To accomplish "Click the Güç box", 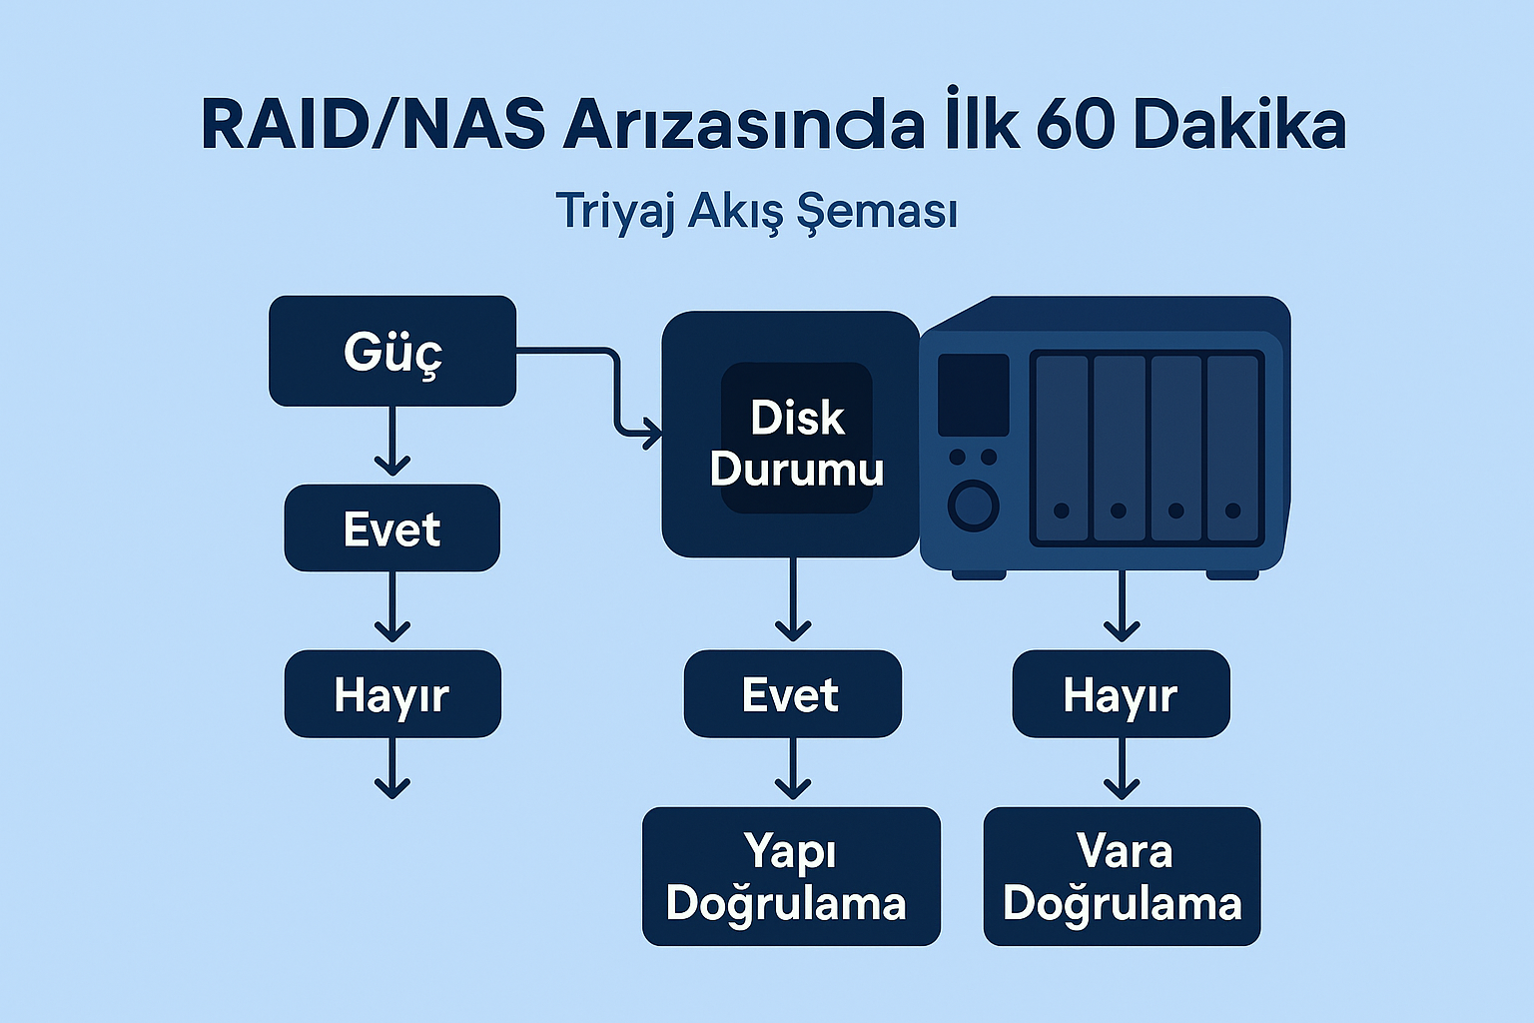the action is coord(391,351).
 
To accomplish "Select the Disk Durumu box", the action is coord(790,435).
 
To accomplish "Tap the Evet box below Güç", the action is coord(391,528).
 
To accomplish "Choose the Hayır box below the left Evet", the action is coord(392,694).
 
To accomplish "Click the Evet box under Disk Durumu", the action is coord(792,694).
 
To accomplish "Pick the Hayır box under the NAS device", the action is coord(1122,694).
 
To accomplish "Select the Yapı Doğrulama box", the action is coord(791,876).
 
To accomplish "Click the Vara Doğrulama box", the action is coord(1122,876).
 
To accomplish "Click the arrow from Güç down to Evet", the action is coord(392,442).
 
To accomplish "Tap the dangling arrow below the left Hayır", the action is coord(392,768).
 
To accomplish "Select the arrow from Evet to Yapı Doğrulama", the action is coord(793,769).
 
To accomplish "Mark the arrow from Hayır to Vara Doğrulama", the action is coord(1122,769).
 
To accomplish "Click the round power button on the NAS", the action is coord(973,506).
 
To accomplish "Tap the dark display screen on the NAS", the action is coord(973,395).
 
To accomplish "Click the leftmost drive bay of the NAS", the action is coord(1062,449).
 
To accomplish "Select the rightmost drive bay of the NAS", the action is coord(1232,449).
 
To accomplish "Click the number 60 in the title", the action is coord(1072,127).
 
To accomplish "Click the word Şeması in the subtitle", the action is coord(876,212).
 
